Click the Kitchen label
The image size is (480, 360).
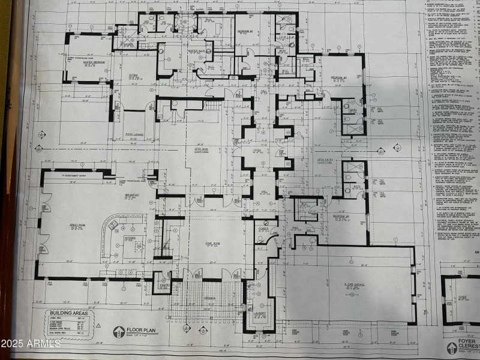click(x=130, y=238)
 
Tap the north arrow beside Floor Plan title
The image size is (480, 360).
click(x=118, y=331)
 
